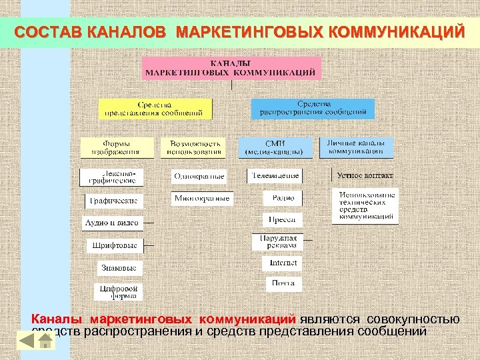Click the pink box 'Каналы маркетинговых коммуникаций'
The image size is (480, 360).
point(231,68)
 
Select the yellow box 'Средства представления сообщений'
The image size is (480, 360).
point(155,109)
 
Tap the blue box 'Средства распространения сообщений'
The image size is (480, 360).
point(313,109)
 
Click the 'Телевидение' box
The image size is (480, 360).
point(275,176)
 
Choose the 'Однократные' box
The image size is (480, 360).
point(199,177)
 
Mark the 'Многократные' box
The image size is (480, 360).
point(201,199)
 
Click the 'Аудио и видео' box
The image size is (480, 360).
point(111,222)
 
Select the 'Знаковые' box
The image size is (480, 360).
point(119,268)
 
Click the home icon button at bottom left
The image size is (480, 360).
point(45,341)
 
